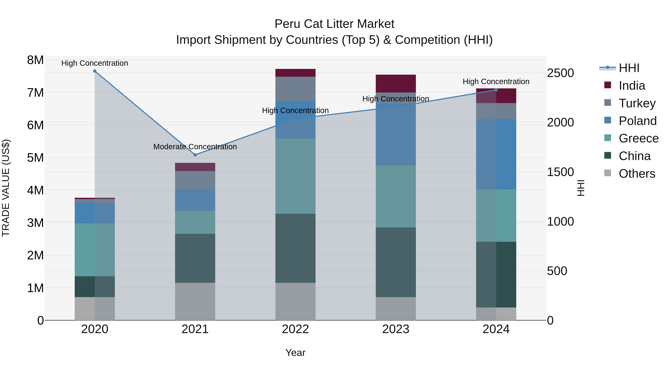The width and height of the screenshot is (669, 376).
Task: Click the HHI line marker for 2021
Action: point(195,155)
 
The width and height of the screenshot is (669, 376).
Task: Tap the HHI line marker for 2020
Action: point(95,71)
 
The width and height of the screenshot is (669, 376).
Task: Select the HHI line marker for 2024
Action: point(496,90)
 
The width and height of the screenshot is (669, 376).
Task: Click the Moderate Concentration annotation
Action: point(195,147)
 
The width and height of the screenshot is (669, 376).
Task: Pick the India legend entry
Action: point(632,86)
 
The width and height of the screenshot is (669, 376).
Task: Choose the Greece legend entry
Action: point(638,138)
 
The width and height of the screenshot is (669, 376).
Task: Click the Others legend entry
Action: point(637,174)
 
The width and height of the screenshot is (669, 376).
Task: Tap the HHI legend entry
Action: point(629,68)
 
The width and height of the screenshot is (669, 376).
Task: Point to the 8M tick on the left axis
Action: point(35,60)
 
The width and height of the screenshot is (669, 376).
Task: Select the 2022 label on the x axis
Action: point(295,329)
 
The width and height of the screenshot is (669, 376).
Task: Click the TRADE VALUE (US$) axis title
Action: point(6,188)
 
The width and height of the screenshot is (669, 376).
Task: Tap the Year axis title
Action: point(295,353)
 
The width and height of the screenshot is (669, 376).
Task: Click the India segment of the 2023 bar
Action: point(395,84)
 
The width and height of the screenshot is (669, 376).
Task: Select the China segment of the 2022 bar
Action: point(295,248)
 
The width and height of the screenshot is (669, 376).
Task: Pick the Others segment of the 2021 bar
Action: point(195,302)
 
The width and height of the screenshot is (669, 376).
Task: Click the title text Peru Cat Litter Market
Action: point(334,24)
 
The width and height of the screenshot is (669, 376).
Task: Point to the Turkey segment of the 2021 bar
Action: point(195,180)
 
